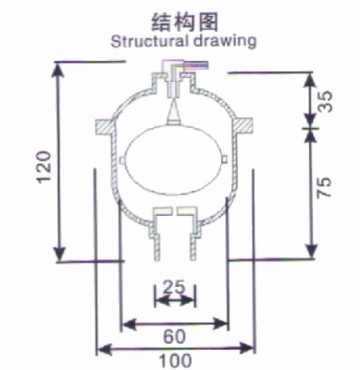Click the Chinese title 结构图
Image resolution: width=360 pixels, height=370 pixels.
point(184,22)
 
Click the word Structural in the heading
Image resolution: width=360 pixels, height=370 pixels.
point(148,42)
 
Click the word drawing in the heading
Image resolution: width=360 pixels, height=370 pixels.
point(224,42)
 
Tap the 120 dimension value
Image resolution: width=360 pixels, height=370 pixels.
point(44,167)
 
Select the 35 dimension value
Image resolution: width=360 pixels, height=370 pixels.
point(325,101)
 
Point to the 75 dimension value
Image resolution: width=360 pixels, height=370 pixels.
point(325,188)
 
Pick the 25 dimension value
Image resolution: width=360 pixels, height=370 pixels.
point(173,287)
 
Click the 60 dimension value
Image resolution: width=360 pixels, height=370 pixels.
point(174,337)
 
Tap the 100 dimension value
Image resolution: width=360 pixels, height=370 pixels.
point(175,361)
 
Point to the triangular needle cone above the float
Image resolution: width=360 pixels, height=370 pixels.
point(173,112)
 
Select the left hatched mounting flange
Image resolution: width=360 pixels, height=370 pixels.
point(104,128)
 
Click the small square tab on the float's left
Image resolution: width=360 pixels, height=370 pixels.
point(121,161)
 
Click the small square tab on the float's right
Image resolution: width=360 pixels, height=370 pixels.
point(225,159)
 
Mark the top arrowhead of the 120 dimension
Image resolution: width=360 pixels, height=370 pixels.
point(58,69)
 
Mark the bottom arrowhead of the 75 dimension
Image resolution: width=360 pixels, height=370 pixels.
point(311,251)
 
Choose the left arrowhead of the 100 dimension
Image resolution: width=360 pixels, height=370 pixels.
point(105,349)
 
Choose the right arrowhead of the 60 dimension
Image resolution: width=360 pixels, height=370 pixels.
point(220,324)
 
